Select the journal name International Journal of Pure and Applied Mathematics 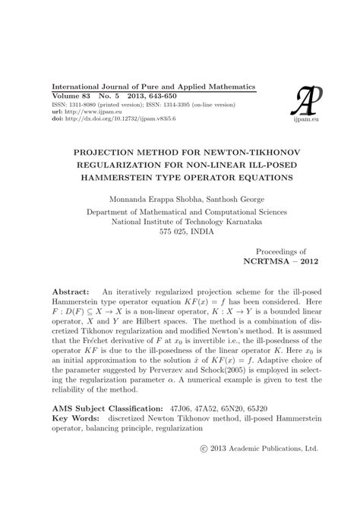153,87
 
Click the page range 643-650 178,96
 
